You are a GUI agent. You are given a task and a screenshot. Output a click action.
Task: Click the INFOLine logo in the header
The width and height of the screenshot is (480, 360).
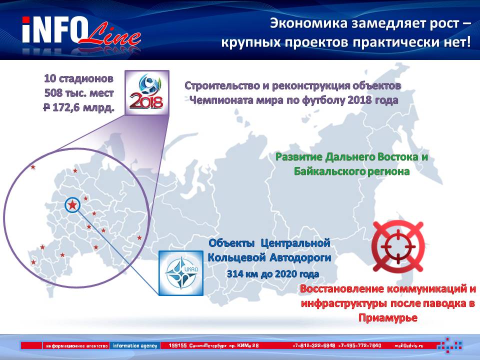(x=81, y=32)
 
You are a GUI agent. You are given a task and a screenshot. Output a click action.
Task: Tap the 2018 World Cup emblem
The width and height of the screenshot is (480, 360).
(x=147, y=93)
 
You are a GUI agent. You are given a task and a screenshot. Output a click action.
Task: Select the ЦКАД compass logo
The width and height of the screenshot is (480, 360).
(x=181, y=273)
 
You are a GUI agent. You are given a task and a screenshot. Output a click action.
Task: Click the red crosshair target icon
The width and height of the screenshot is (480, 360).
(x=398, y=246)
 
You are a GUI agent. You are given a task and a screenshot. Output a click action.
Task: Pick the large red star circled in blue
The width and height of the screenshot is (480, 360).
(x=72, y=205)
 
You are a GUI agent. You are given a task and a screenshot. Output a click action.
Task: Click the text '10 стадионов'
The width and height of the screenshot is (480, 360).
(x=78, y=78)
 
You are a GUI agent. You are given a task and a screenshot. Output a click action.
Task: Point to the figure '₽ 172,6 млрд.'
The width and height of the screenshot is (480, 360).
(x=78, y=107)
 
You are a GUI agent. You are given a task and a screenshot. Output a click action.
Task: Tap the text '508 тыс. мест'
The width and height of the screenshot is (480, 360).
(x=79, y=93)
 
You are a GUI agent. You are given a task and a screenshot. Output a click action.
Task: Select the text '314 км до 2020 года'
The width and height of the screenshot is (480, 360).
(x=273, y=273)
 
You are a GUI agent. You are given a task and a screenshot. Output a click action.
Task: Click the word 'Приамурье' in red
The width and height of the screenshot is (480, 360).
(x=388, y=318)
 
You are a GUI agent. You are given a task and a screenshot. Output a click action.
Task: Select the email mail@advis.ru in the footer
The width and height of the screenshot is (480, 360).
(x=409, y=345)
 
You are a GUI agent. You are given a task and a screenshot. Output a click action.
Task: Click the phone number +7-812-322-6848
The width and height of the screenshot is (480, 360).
(x=314, y=345)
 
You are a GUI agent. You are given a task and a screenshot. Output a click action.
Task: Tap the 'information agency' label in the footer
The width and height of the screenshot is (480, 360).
(x=135, y=345)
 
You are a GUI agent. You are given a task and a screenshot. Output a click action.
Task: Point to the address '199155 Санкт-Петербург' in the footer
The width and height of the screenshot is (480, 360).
(x=197, y=345)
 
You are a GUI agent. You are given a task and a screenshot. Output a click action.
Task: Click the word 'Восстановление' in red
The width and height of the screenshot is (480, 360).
(x=342, y=288)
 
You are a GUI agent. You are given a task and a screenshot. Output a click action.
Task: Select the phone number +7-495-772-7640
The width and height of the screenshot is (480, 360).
(x=360, y=345)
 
